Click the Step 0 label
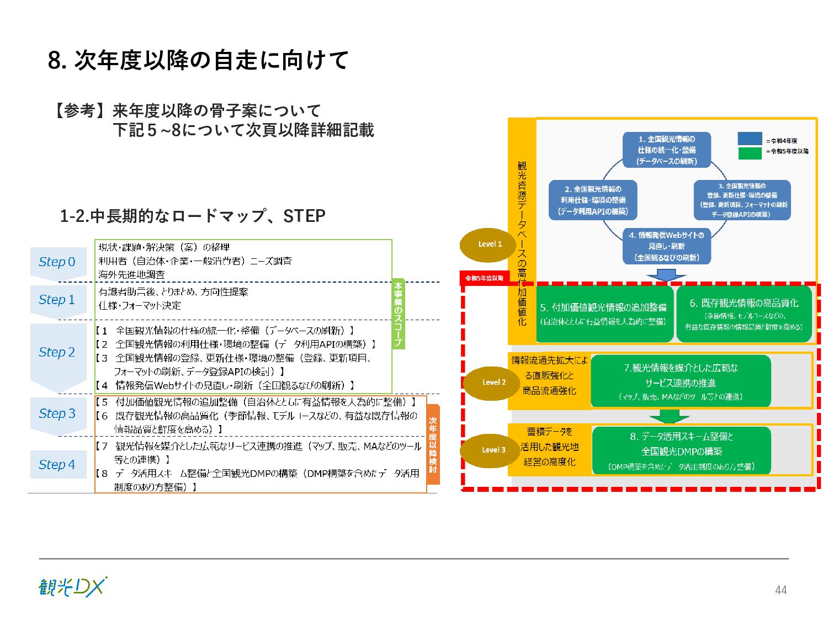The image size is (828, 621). (57, 262)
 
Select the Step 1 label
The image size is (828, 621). (57, 300)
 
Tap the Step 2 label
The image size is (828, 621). (57, 352)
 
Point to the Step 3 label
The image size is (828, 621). (57, 413)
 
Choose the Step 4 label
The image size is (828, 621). (57, 465)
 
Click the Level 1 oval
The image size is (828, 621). (490, 244)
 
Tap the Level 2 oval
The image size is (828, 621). (493, 382)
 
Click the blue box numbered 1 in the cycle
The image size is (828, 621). (667, 150)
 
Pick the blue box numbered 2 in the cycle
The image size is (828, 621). (593, 200)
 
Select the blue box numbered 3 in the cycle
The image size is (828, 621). (742, 200)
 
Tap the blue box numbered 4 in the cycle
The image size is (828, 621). (666, 246)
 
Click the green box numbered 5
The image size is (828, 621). (604, 314)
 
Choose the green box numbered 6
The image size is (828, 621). (744, 314)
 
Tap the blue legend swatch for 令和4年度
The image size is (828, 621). (750, 139)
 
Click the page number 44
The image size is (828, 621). (781, 590)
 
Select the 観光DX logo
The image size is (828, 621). (73, 587)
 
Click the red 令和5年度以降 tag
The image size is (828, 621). (484, 278)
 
